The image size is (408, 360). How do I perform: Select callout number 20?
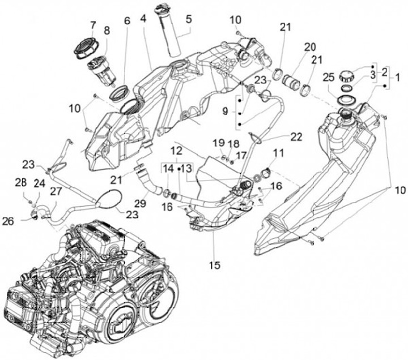click(x=309, y=46)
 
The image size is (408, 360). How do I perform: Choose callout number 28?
click(x=21, y=182)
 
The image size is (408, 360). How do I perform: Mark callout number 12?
click(x=176, y=151)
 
